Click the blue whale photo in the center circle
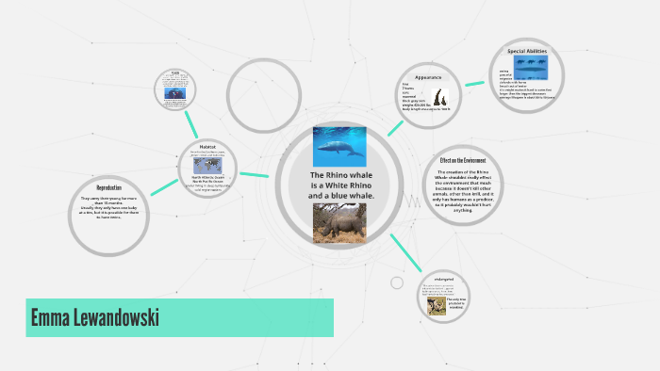tap(338, 147)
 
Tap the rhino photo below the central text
tap(338, 224)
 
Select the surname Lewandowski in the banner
tap(120, 318)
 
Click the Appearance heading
tap(428, 77)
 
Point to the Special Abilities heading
tap(527, 51)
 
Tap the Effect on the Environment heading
tap(463, 161)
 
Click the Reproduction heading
tap(109, 188)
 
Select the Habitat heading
tap(207, 146)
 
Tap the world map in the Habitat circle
tap(207, 164)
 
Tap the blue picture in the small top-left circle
tap(175, 92)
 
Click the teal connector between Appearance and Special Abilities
tap(475, 79)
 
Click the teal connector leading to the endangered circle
tap(406, 252)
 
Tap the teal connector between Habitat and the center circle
tap(255, 174)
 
